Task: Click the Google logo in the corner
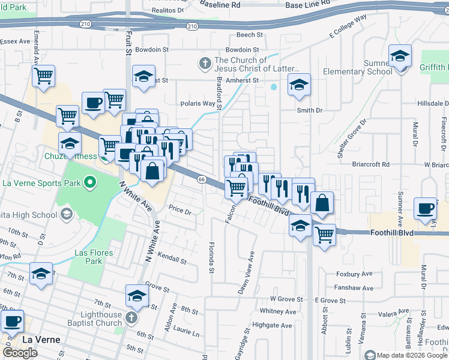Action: tap(20, 353)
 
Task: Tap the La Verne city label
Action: tap(41, 340)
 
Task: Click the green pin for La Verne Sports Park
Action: tap(91, 181)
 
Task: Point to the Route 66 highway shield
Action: tap(202, 179)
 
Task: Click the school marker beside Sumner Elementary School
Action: tap(400, 58)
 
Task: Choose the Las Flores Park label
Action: tap(94, 257)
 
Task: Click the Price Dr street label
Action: tap(179, 211)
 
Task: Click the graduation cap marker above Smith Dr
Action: tap(299, 85)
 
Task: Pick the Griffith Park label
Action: tap(434, 68)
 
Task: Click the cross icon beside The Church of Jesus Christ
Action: tap(204, 63)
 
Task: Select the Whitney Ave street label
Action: tap(278, 311)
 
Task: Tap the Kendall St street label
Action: tap(172, 259)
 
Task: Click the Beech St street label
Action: tap(250, 35)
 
